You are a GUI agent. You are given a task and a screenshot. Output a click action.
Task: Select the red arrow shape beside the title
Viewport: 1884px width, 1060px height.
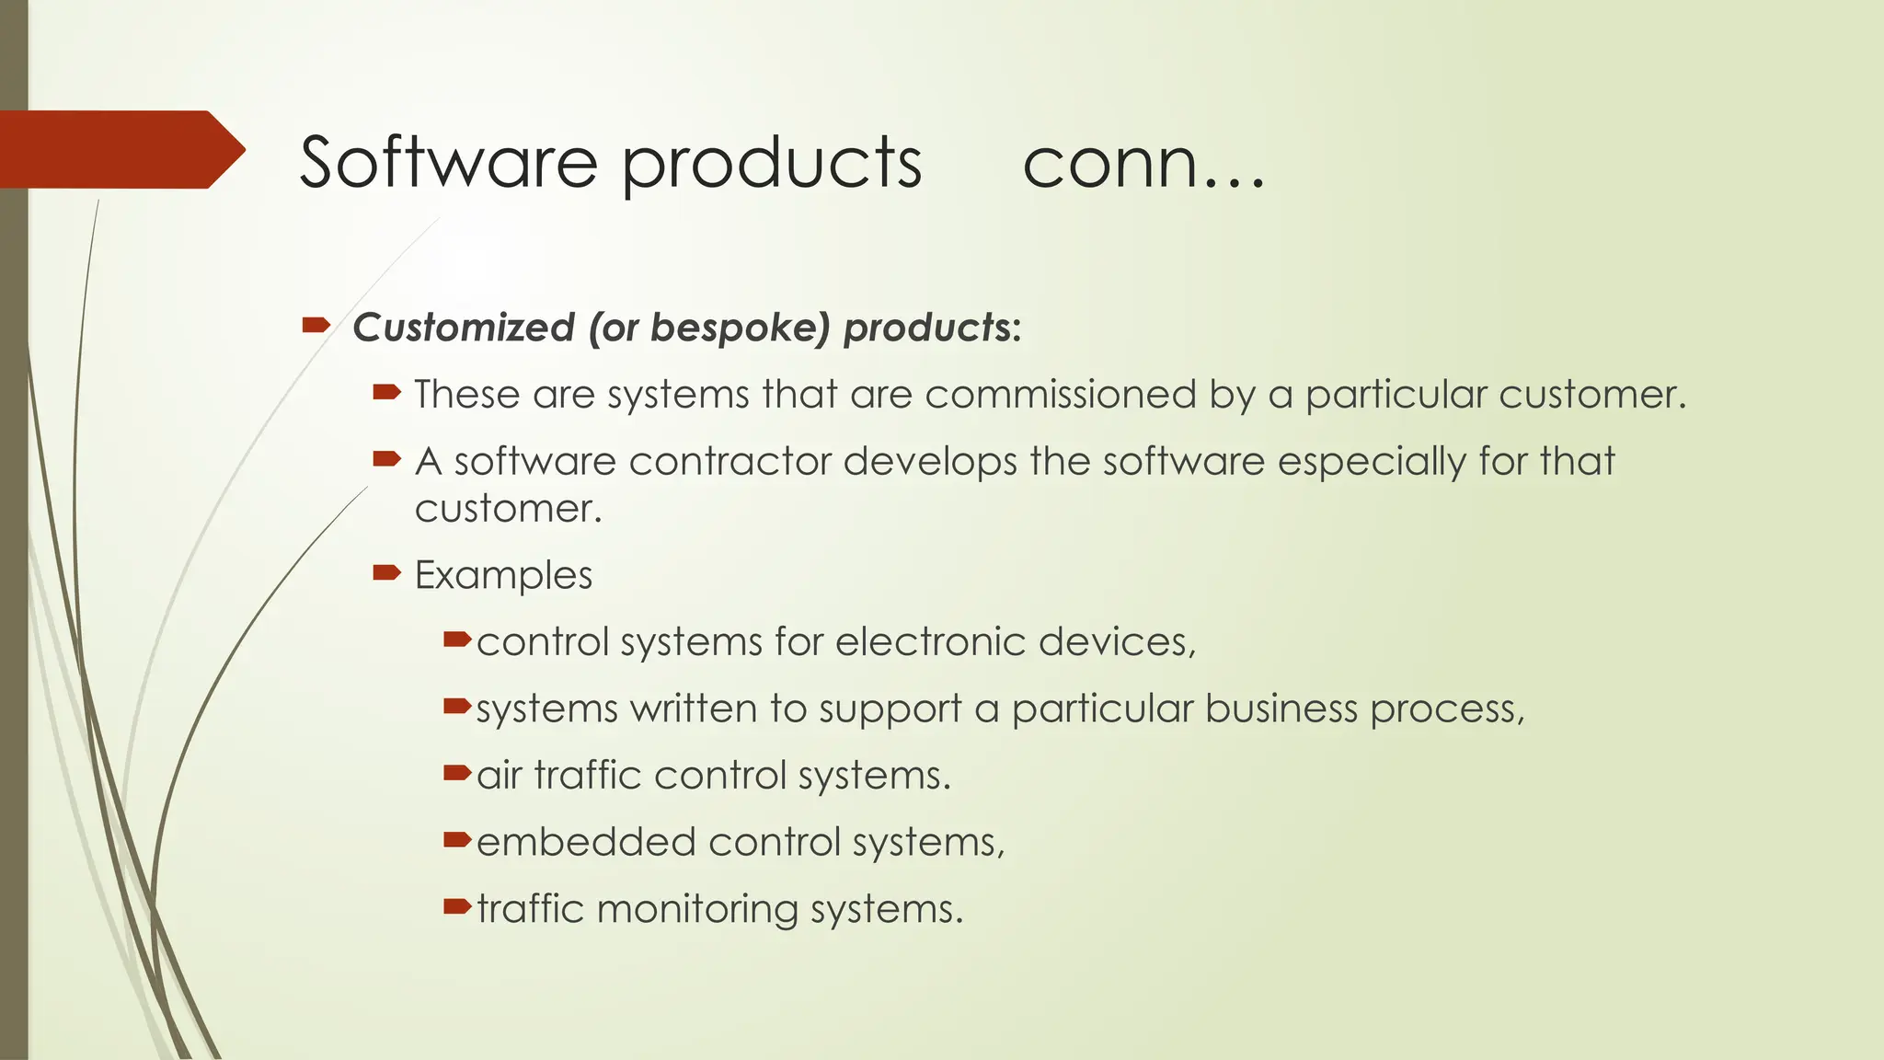point(120,149)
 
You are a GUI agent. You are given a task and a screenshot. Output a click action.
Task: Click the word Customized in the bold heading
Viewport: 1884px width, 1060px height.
point(464,328)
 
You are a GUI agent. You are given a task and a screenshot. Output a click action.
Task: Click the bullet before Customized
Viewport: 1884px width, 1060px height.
point(316,325)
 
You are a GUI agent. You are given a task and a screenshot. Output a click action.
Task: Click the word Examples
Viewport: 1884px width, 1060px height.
point(503,575)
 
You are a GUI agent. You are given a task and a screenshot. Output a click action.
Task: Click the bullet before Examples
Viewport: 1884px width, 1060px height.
point(386,573)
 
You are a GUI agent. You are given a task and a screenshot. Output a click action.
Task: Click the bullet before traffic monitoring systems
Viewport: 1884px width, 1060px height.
point(457,907)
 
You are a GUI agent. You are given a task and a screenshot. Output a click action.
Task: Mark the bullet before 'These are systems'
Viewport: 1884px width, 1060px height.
point(386,393)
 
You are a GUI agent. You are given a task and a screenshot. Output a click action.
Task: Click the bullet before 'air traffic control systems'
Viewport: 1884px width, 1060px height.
point(457,774)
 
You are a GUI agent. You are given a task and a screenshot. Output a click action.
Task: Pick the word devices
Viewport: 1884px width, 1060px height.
point(1115,641)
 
